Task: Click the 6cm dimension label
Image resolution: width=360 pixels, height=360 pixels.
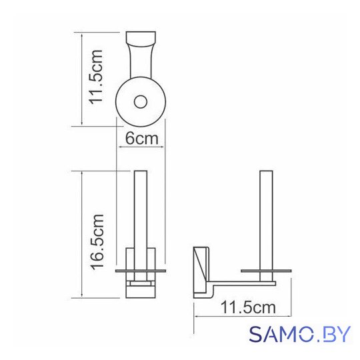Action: point(142,139)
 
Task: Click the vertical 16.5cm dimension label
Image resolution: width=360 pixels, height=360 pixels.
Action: point(97,242)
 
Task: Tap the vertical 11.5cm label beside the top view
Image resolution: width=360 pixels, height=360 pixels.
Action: point(96,77)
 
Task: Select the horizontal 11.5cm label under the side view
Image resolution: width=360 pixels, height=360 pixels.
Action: point(248,307)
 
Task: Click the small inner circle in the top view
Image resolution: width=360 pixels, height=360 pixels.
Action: point(141,102)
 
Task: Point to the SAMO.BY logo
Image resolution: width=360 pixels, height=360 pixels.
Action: point(300,334)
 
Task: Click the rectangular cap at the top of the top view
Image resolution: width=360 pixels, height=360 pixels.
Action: point(141,39)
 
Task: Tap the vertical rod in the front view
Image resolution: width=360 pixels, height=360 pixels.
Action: point(141,221)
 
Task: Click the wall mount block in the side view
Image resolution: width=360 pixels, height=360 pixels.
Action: point(201,272)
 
